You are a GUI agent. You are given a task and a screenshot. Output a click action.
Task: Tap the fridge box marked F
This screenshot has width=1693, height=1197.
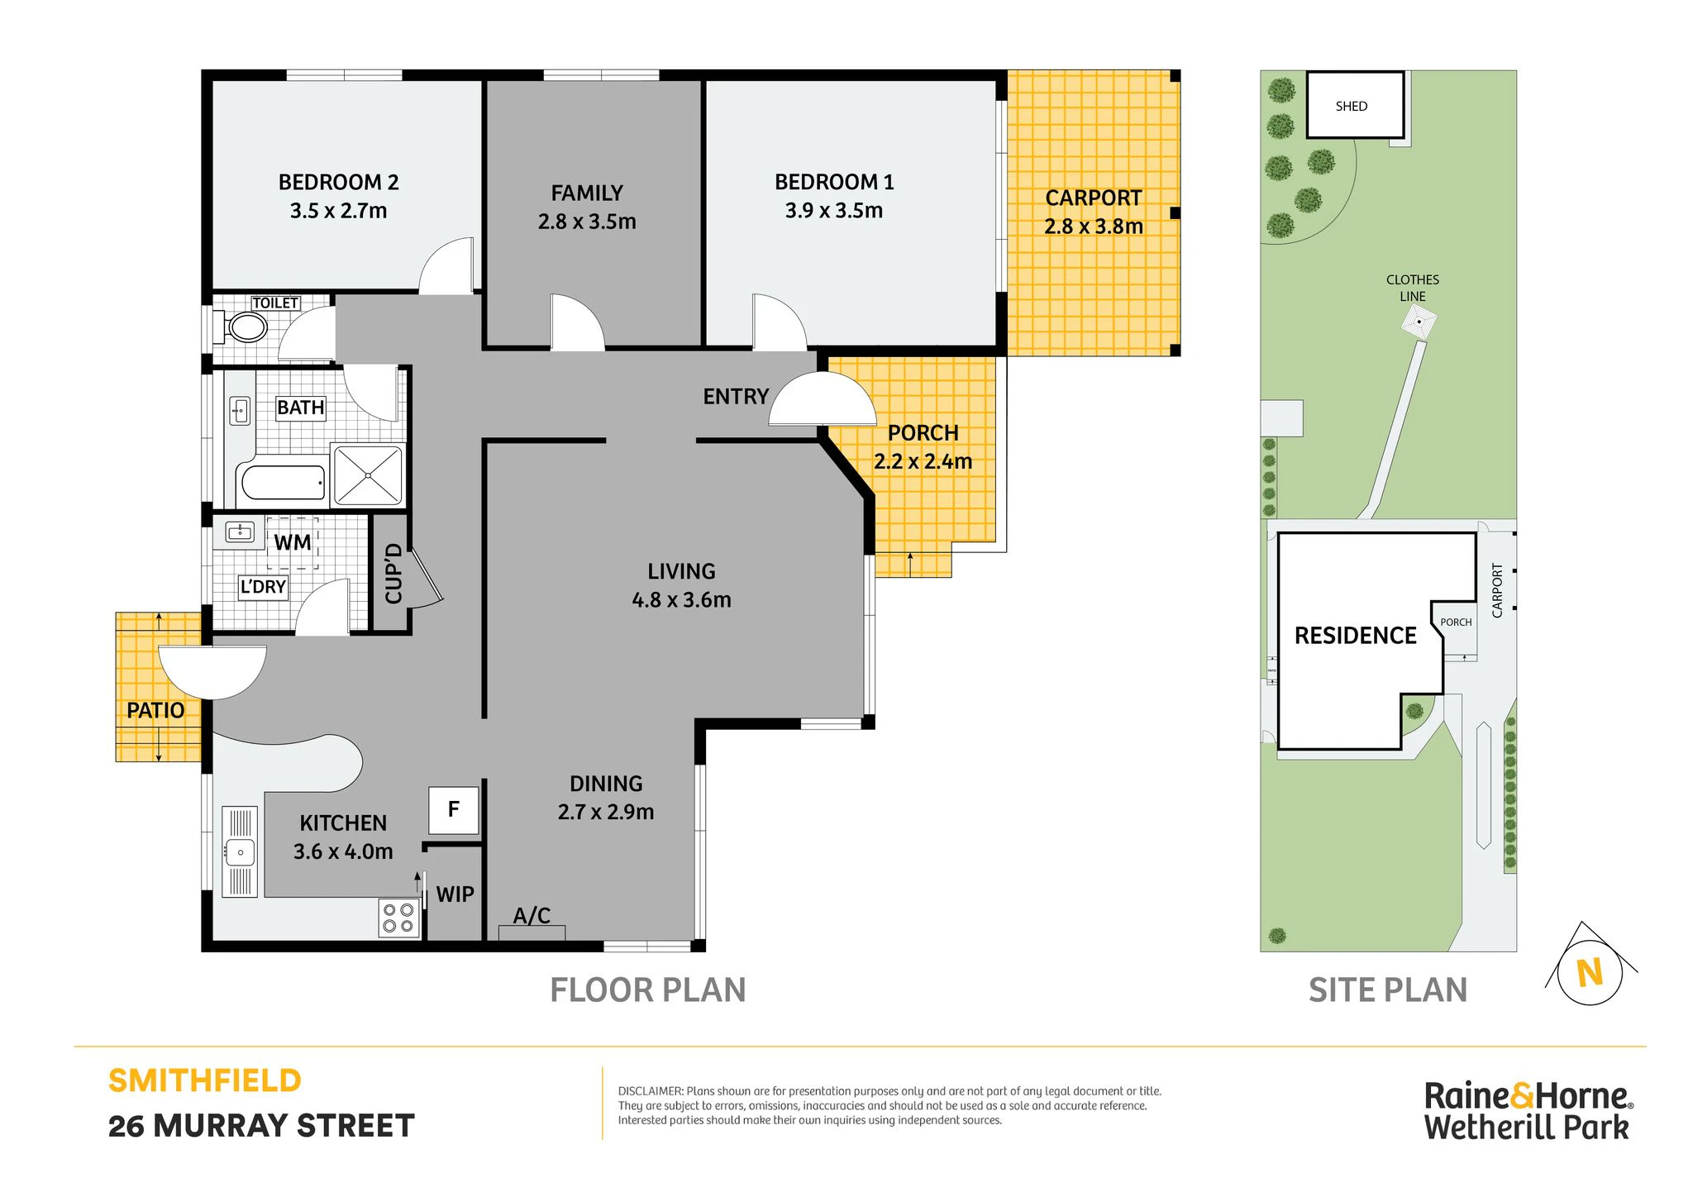click(454, 810)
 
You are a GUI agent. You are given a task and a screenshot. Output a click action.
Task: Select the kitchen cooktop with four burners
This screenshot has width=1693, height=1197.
click(398, 918)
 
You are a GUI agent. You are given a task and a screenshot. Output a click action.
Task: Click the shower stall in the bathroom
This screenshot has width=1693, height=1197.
click(367, 475)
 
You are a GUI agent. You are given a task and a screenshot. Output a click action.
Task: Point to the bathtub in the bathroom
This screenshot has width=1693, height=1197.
click(283, 483)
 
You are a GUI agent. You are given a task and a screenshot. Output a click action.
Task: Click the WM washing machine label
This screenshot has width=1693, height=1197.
click(293, 543)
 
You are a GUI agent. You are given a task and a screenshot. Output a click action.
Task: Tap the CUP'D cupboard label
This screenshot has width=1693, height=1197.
click(393, 574)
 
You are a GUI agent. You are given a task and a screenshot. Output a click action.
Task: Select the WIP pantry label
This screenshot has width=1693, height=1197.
click(455, 894)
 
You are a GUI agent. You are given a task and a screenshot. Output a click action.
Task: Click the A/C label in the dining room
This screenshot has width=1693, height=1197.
click(532, 916)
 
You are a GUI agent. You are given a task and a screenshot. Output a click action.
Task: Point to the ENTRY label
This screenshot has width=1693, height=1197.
click(736, 397)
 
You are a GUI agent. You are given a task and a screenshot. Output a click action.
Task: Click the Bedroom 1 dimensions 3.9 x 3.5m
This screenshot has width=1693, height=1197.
click(834, 211)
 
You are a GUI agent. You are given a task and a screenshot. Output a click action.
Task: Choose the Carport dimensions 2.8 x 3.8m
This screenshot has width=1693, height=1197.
click(1094, 227)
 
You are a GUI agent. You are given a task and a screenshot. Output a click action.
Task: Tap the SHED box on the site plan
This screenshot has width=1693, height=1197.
click(1355, 105)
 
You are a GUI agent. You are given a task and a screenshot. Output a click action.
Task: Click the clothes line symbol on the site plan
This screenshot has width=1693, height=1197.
click(1419, 322)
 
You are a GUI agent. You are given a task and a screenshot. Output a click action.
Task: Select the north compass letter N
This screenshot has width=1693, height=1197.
click(1590, 973)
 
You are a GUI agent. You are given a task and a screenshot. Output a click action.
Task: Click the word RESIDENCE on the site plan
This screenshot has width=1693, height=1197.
click(1356, 636)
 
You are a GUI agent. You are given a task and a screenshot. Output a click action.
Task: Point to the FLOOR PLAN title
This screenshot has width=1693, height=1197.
click(648, 990)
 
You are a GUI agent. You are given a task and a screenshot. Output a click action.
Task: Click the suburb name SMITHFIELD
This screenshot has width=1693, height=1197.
click(205, 1081)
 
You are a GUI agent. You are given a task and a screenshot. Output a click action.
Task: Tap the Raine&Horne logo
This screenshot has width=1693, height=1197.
click(1527, 1112)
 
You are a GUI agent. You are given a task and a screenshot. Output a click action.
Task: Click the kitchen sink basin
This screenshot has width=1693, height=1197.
click(240, 851)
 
